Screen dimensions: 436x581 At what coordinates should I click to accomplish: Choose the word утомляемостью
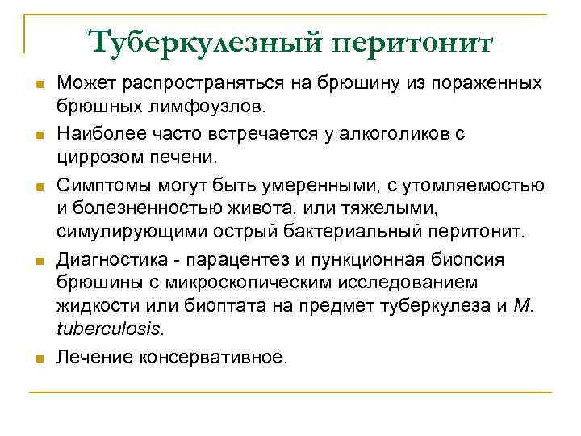tap(476, 188)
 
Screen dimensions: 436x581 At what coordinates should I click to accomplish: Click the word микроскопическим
tap(239, 283)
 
